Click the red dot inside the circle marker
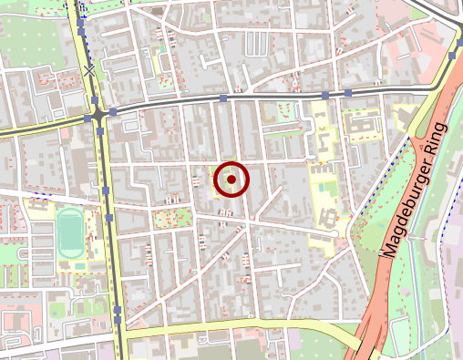coord(231,180)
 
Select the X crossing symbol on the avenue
coord(89,70)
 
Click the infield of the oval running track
coord(68,232)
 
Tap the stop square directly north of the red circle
coord(223,97)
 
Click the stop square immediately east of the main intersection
coord(113,112)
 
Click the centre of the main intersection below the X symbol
coord(98,116)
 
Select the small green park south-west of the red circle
coord(171,219)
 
